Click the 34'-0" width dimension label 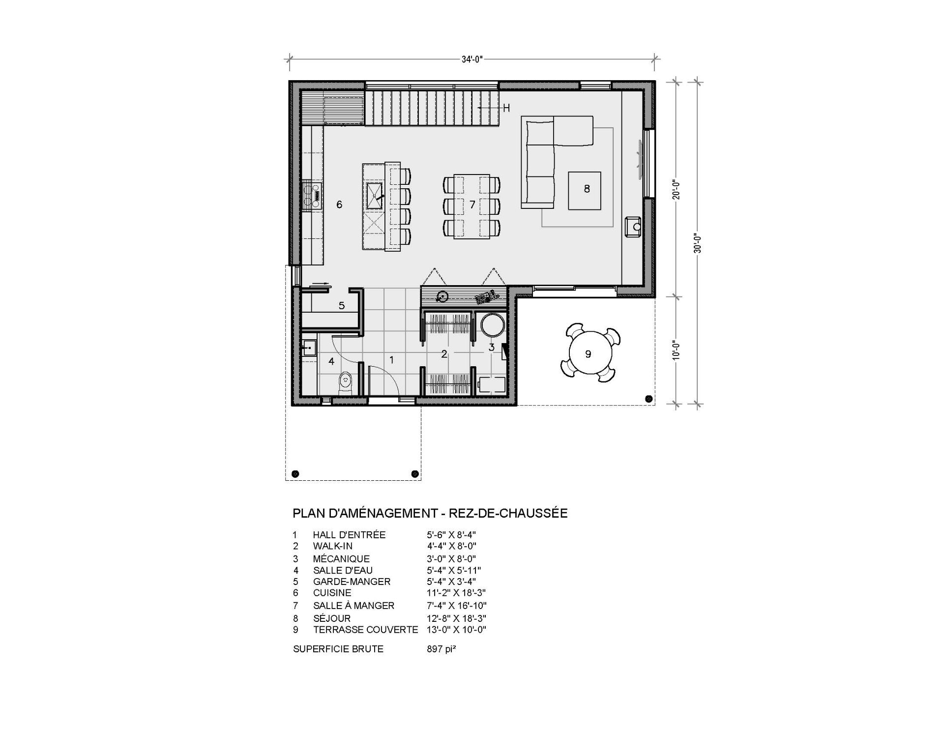tap(472, 59)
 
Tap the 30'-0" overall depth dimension tap(697, 242)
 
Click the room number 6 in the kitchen tap(339, 204)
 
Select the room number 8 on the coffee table tap(587, 188)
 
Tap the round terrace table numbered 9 tap(588, 353)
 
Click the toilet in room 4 tap(346, 381)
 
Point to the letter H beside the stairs tap(506, 108)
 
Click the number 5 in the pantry tap(342, 306)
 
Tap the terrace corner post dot tap(649, 398)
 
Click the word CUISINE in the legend tap(332, 593)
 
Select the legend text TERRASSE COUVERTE tap(365, 630)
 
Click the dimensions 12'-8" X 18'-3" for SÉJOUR tap(456, 618)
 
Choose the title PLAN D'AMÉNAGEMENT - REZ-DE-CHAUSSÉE tap(430, 513)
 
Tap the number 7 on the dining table tap(472, 204)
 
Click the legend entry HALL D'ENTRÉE tap(349, 535)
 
